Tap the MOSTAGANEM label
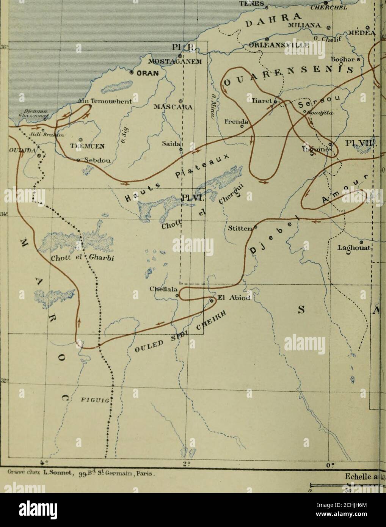tap(174, 62)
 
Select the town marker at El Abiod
tap(211, 300)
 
